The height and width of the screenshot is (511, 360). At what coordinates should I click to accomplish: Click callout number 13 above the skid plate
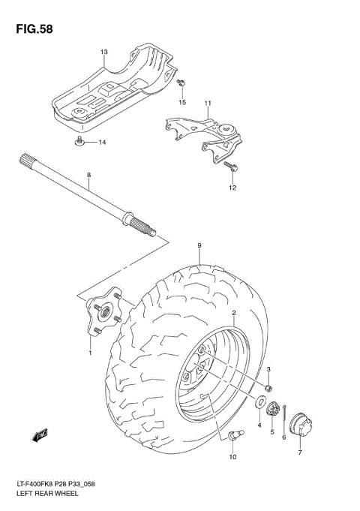(x=104, y=53)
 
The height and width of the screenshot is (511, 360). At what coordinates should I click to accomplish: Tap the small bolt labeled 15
(x=181, y=85)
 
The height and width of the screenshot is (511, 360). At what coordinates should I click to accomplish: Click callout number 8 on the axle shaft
(x=88, y=176)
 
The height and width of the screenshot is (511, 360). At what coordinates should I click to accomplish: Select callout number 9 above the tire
(x=200, y=246)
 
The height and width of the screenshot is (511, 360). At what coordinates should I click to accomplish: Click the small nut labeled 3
(x=268, y=387)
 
